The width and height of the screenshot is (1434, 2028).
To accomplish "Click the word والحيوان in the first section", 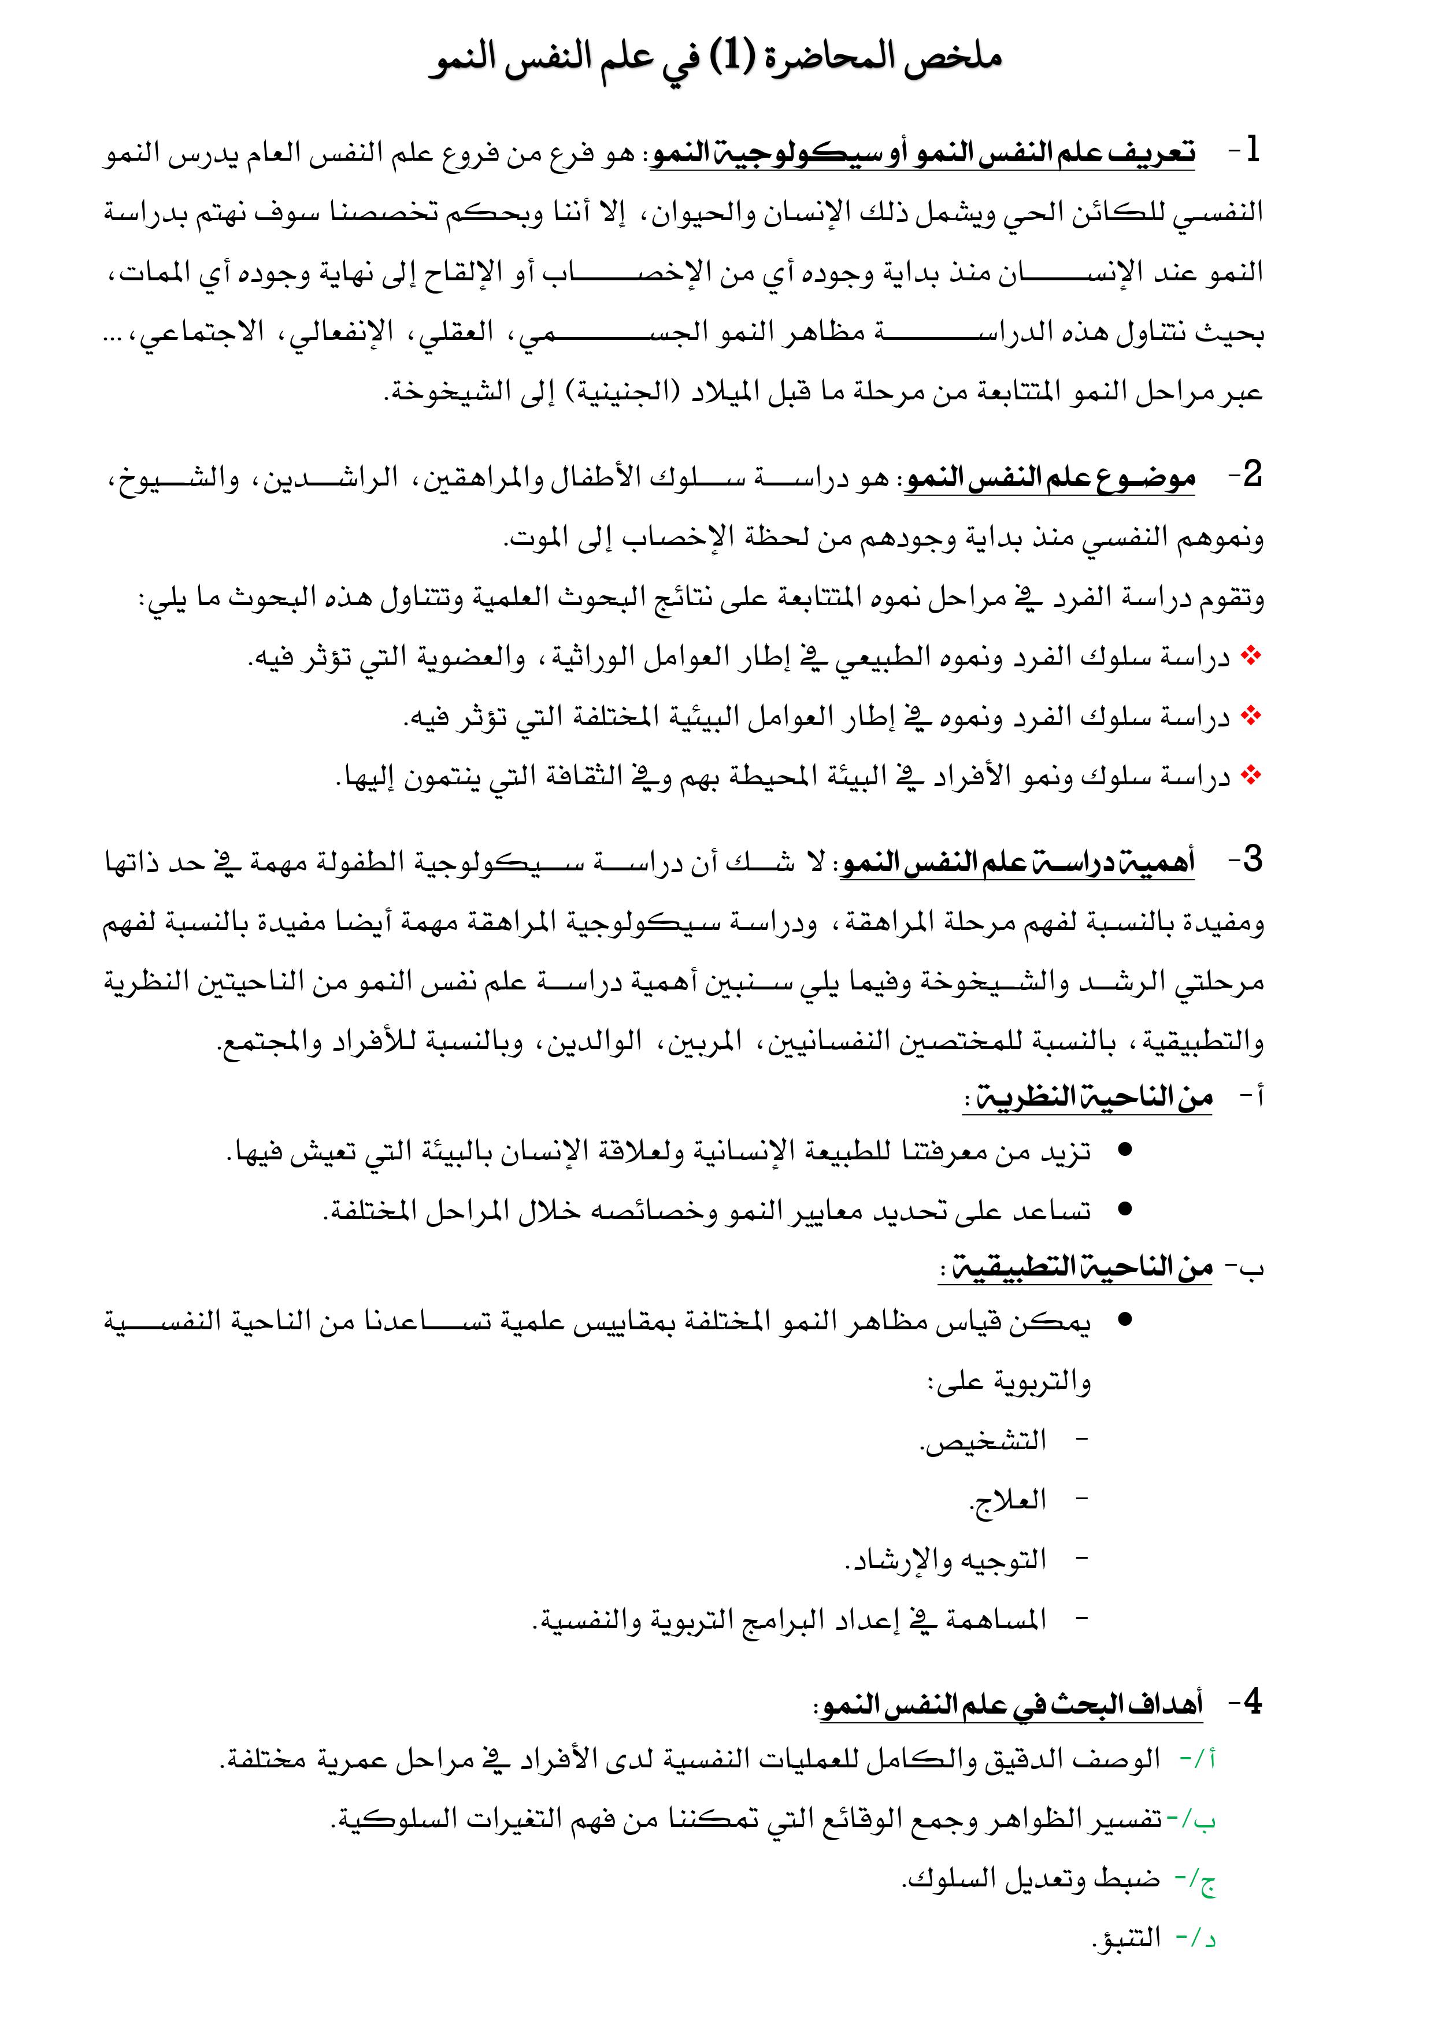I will coord(694,212).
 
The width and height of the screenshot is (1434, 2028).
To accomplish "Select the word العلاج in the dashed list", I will coord(1008,1501).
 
